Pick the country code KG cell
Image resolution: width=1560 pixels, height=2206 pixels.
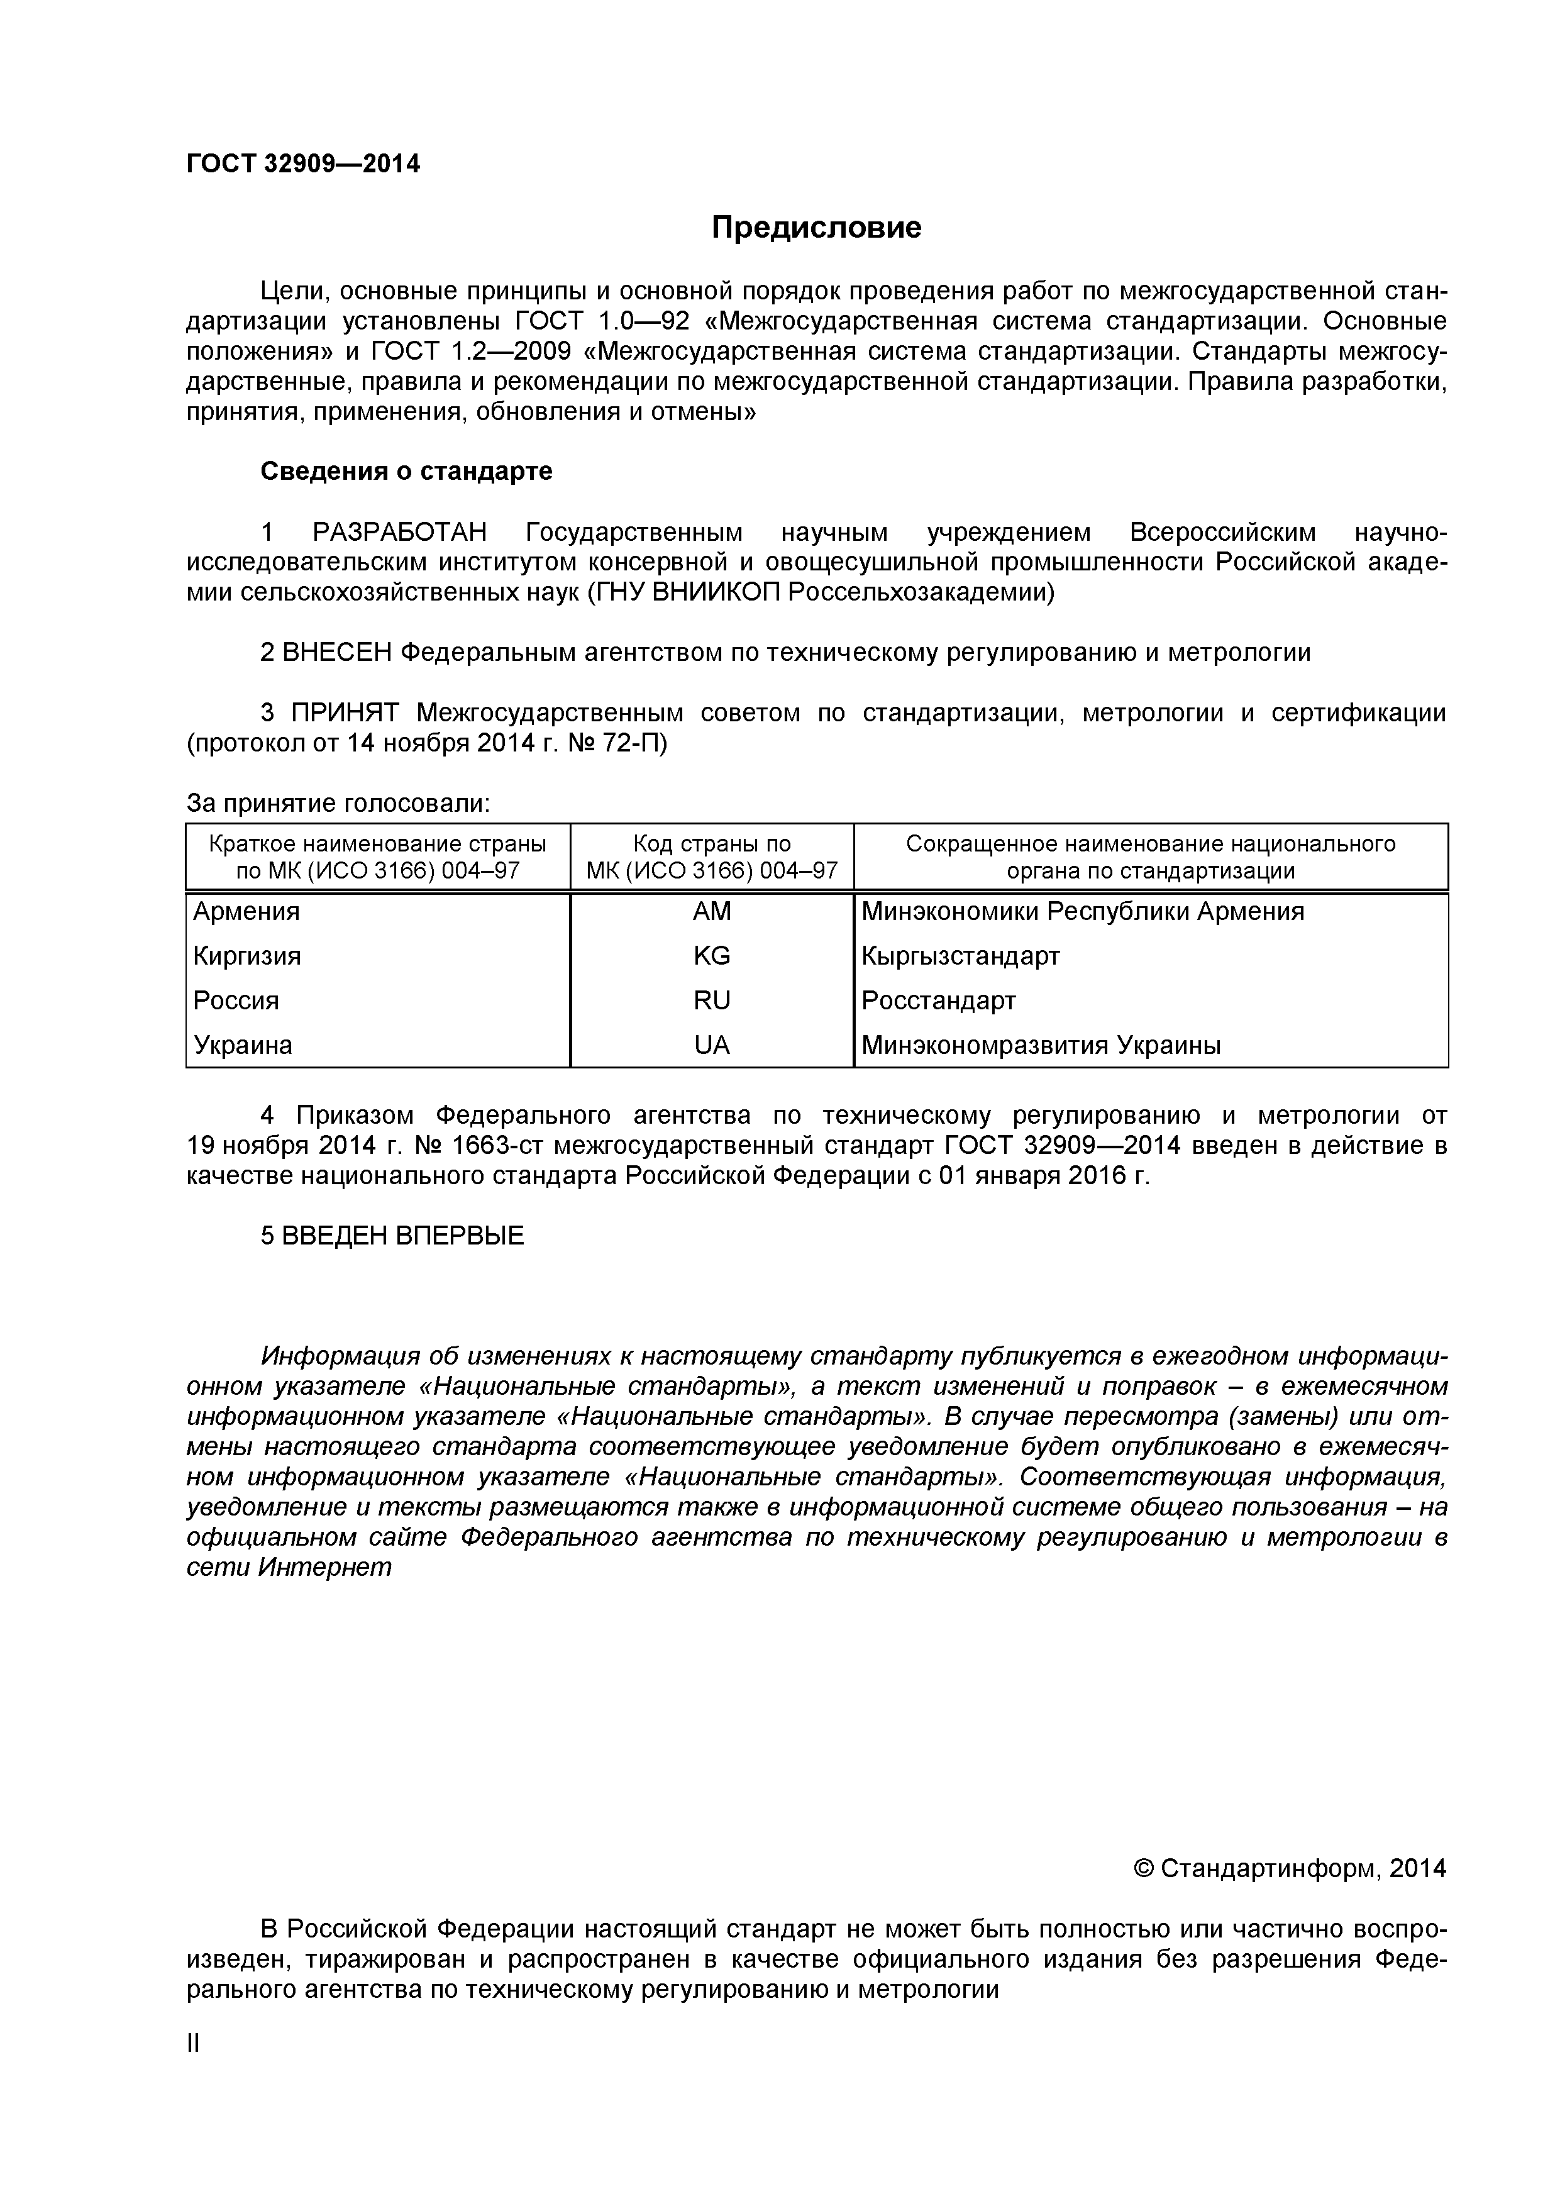click(712, 956)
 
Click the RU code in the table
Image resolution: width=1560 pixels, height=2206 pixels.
click(712, 1001)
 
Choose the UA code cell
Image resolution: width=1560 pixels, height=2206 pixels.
click(712, 1045)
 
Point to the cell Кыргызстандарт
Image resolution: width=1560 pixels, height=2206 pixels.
click(961, 956)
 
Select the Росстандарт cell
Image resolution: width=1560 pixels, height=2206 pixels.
click(939, 1001)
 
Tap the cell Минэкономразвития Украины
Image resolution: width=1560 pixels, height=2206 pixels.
click(1041, 1045)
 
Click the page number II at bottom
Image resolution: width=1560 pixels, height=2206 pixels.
click(193, 2044)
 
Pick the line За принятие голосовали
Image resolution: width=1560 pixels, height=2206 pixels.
click(338, 803)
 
